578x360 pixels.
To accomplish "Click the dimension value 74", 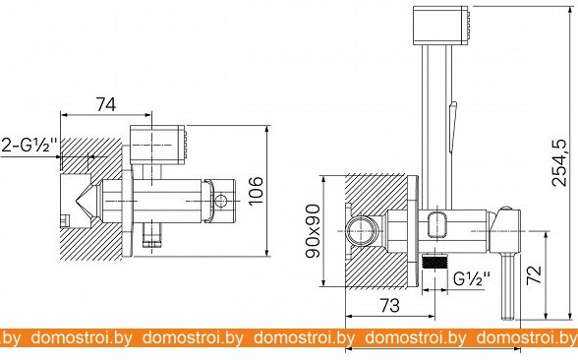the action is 106,104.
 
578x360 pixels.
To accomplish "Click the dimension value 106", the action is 256,191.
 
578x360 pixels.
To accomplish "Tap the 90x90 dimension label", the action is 314,230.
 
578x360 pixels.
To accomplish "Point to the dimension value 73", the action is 389,305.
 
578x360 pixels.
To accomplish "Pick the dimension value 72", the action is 534,274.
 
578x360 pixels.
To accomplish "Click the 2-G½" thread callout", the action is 29,145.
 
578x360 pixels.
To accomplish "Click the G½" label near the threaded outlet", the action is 472,278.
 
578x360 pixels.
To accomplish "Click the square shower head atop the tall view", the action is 442,26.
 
